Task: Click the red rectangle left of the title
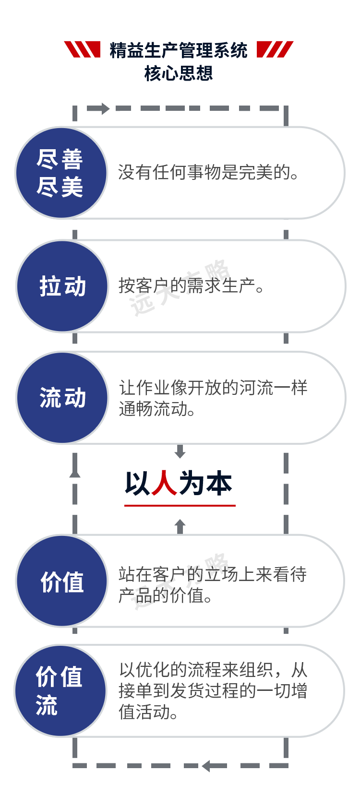coord(82,49)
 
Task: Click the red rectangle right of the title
coord(275,49)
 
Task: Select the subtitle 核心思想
coord(179,73)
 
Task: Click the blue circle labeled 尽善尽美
coord(61,173)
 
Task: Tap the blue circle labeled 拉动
coord(62,286)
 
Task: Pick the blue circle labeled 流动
coord(62,398)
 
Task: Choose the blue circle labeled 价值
coord(62,581)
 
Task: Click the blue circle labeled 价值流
coord(60,691)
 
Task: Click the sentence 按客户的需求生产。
coord(191,286)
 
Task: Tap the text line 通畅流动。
coord(157,409)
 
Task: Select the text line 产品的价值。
coord(165,596)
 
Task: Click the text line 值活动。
coord(149,712)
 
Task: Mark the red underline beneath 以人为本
coord(180,505)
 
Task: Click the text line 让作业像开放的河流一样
coord(213,388)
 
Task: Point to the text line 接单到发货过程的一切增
coord(213,691)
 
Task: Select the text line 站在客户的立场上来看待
coord(213,574)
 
